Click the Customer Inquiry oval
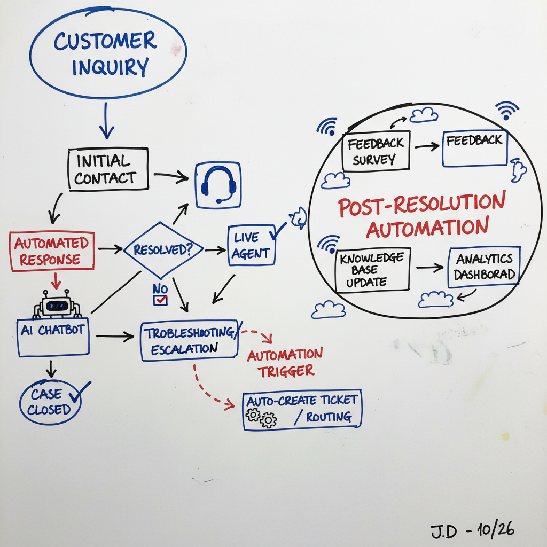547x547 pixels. (108, 53)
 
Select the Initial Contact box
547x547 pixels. (108, 169)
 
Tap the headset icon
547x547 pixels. (218, 185)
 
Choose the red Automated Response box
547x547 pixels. (52, 251)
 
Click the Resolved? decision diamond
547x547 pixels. (163, 249)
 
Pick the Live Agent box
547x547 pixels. (252, 246)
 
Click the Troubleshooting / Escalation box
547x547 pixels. (190, 341)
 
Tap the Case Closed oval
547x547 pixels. (50, 402)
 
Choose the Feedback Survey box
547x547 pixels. (375, 151)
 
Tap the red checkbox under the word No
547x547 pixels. (160, 300)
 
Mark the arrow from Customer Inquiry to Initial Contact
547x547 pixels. (106, 121)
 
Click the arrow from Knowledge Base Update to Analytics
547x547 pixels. (429, 267)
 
